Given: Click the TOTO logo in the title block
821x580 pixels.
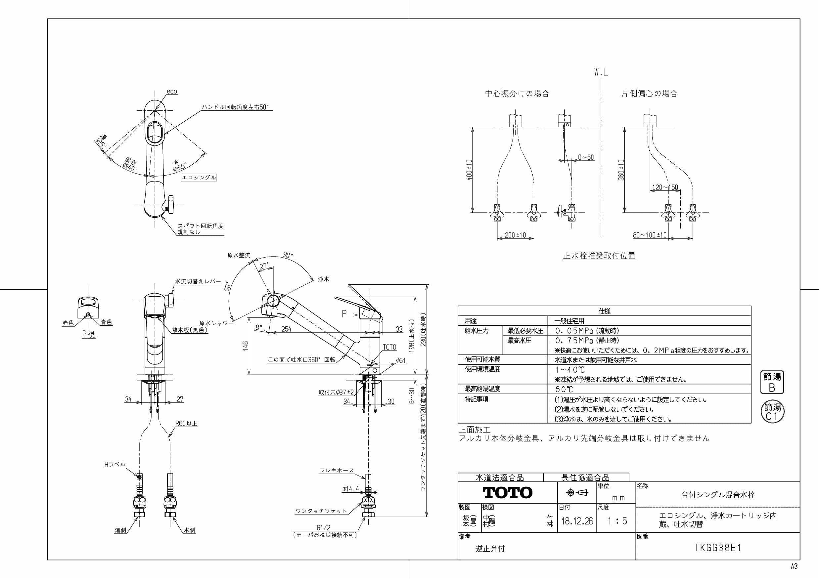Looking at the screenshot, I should click(x=507, y=493).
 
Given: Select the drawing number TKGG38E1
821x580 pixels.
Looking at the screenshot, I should click(x=717, y=548).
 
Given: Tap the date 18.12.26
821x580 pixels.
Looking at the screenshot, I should click(x=577, y=521).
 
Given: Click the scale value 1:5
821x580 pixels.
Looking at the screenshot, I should click(x=617, y=521).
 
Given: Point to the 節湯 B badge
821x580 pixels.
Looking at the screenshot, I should click(x=772, y=382).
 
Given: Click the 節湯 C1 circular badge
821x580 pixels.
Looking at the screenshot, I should click(x=772, y=412).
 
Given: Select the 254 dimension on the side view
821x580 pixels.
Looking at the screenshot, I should click(x=286, y=329).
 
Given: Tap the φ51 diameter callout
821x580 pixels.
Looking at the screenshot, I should click(x=401, y=360).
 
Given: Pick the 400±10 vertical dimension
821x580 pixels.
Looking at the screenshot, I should click(x=469, y=170).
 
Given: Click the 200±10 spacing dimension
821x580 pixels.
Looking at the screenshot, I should click(x=515, y=235).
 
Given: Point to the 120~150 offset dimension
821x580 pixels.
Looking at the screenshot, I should click(x=665, y=187).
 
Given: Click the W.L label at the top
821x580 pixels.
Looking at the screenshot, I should click(x=601, y=72).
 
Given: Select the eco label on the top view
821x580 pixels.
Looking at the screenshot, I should click(x=172, y=92).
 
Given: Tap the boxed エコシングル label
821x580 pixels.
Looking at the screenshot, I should click(x=199, y=178).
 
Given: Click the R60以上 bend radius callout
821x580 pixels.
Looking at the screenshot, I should click(x=186, y=424).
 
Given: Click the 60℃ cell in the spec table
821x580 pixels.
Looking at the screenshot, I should click(x=564, y=389).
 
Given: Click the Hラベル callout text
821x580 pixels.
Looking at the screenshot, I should click(x=114, y=465).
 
